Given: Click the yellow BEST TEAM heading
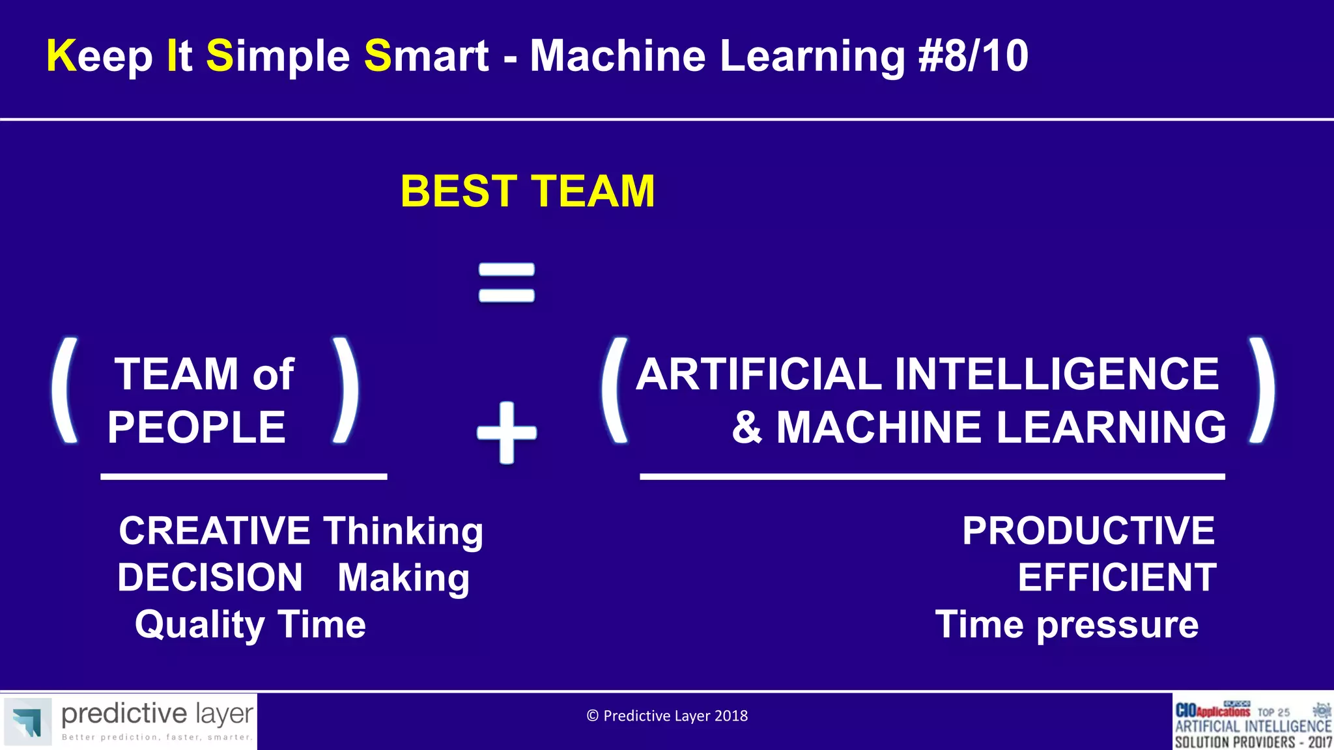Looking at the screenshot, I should point(528,191).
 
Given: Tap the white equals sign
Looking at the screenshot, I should point(507,283).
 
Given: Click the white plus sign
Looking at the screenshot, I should point(507,433).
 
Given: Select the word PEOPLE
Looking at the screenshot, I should point(197,428).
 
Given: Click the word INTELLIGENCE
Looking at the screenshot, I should point(1056,374).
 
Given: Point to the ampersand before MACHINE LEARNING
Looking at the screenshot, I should point(746,428).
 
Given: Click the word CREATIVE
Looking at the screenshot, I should point(214,531).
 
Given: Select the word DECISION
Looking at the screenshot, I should point(210,577).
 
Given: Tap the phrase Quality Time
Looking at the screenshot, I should point(250,624).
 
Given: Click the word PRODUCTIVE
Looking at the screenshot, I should point(1088,531).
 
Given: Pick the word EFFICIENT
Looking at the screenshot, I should point(1116,577).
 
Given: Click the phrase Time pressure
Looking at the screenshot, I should point(1066,624).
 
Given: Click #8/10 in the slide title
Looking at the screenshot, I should point(973,56).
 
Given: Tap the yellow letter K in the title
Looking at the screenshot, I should point(61,56).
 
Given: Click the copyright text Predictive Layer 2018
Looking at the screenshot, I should point(667,715).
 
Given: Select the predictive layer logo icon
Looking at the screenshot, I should point(27,721).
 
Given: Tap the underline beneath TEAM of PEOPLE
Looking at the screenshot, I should point(244,477).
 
